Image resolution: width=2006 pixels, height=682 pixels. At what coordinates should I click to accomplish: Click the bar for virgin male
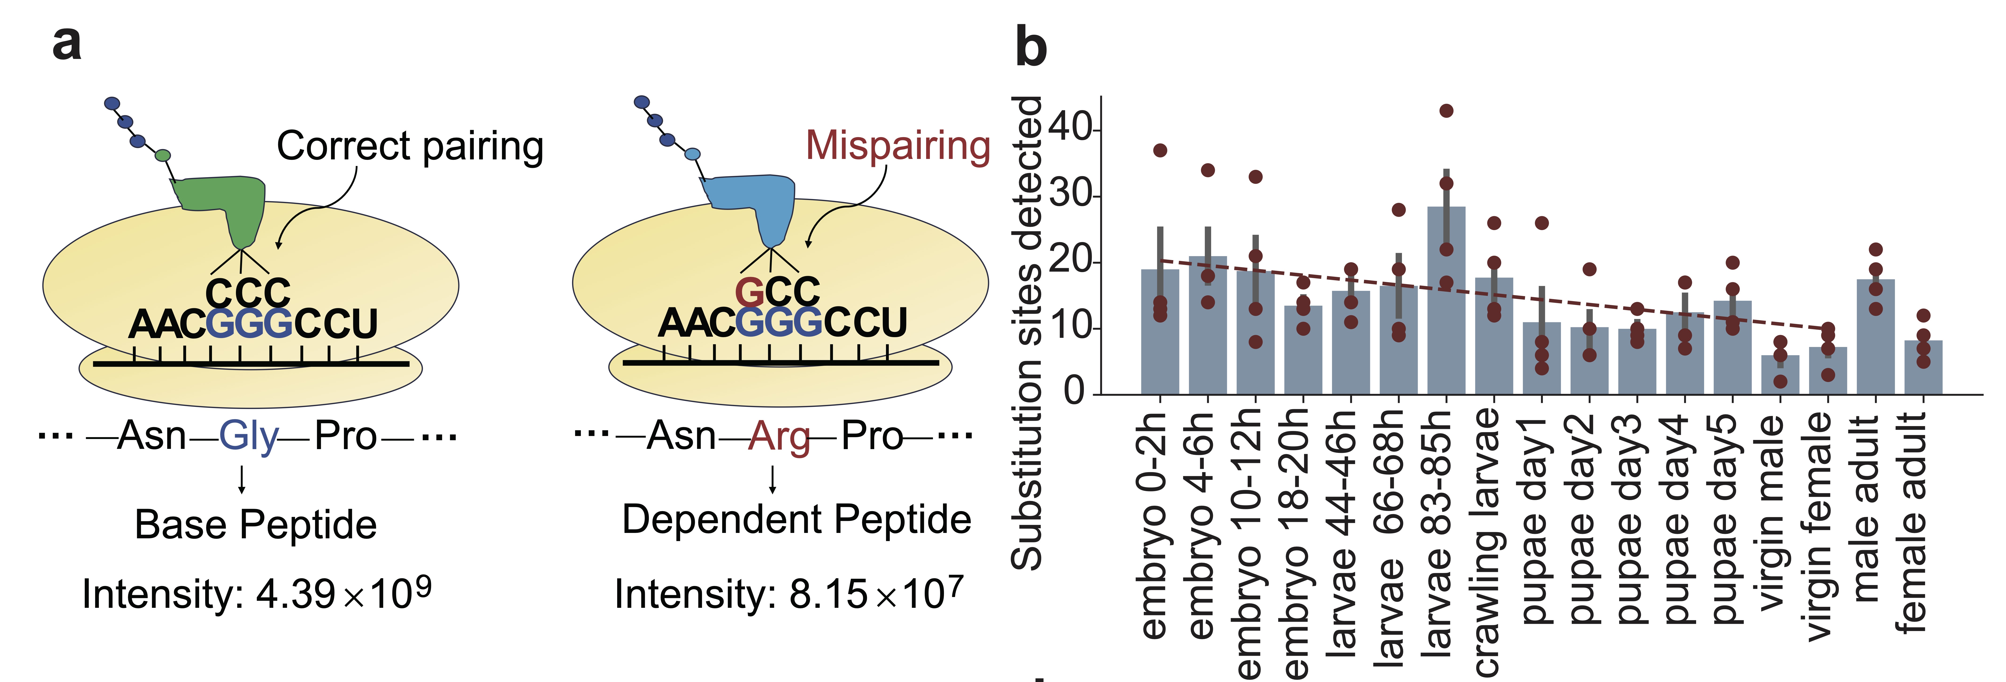[1780, 375]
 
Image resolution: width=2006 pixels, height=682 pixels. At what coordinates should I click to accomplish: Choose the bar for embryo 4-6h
[1208, 325]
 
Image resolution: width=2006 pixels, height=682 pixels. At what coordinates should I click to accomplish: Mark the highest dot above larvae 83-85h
[1446, 111]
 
